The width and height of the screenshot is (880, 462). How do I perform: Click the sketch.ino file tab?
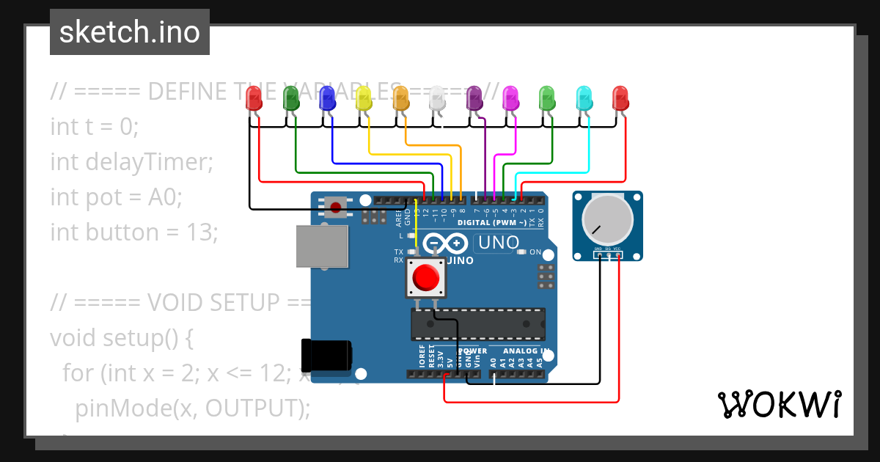130,32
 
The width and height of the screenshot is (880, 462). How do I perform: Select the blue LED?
327,98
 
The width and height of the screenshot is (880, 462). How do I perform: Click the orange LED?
400,98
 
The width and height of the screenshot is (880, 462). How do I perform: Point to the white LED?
437,98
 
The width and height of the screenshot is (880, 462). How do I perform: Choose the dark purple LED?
474,98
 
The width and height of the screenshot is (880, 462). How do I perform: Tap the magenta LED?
510,98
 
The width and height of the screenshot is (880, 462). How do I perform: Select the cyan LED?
584,98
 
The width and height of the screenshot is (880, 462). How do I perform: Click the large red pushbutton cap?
426,278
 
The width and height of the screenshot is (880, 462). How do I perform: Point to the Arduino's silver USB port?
322,246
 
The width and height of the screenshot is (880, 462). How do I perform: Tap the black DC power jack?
327,354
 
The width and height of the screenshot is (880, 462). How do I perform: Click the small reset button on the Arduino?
336,207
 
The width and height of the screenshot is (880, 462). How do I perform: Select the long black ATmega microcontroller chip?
477,324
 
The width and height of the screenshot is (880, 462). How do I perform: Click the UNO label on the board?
499,243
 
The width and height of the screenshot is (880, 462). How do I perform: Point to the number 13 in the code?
203,232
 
